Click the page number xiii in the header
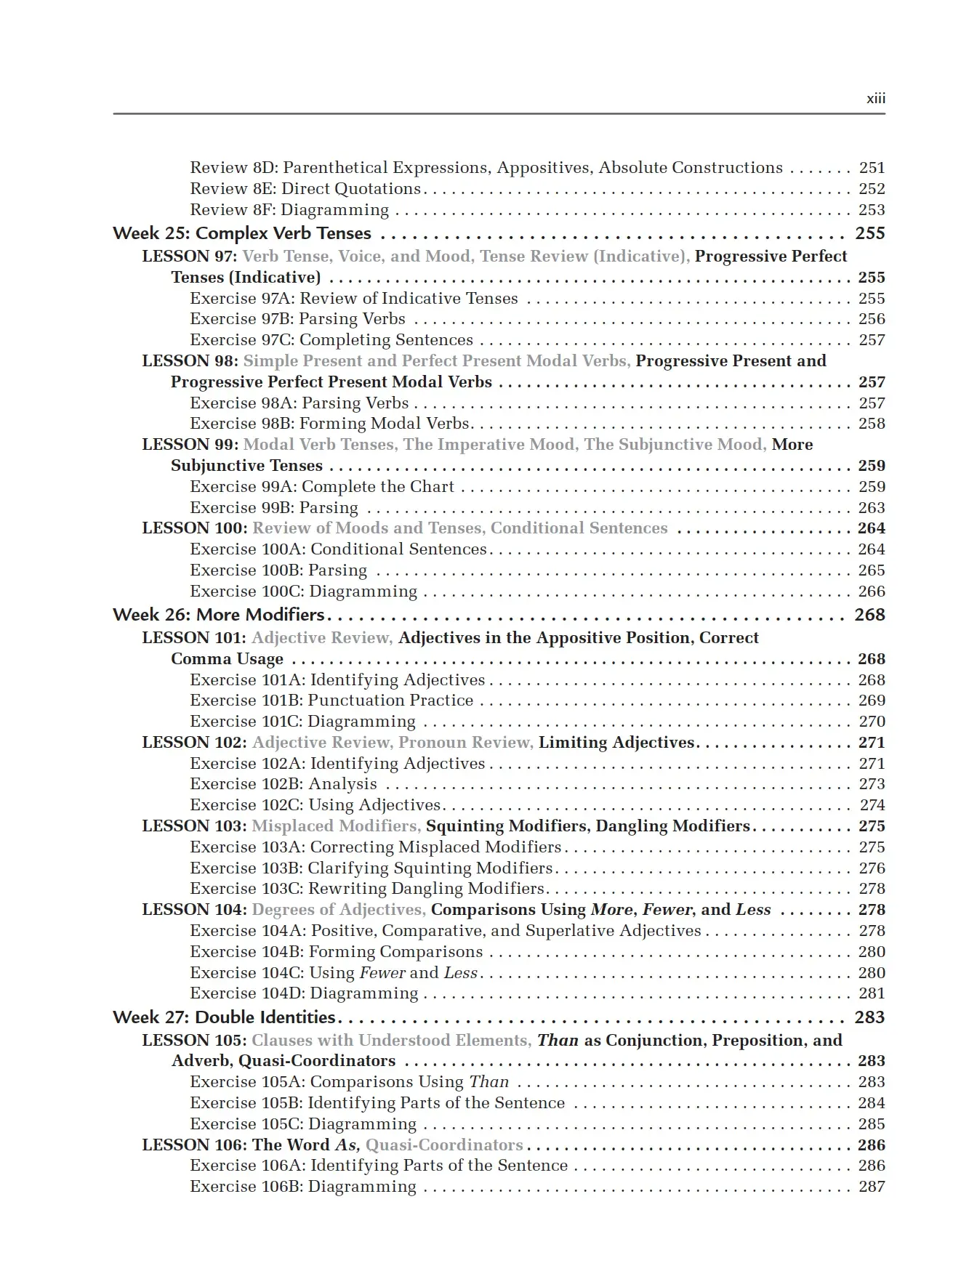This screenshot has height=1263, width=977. [875, 99]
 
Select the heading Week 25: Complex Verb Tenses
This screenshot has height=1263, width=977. [242, 233]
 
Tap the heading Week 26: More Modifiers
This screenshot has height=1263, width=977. [219, 615]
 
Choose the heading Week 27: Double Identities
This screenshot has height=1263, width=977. [224, 1017]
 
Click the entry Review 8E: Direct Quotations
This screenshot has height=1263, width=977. [305, 189]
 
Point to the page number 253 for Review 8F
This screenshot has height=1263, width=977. [872, 210]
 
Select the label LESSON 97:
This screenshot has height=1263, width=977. [190, 257]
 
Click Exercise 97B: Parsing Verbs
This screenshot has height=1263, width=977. [297, 319]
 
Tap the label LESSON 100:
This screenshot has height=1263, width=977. [195, 528]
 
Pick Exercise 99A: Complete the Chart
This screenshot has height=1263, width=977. [322, 487]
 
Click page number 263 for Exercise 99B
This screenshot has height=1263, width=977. [872, 508]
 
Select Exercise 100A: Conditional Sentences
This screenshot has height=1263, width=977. [338, 549]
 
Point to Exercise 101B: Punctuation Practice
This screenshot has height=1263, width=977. [331, 701]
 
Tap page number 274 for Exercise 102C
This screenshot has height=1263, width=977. [872, 805]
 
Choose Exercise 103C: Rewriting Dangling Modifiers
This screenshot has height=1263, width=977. [367, 889]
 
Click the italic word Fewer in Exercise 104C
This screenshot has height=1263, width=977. [382, 973]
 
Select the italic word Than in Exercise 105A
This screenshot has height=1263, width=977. [489, 1082]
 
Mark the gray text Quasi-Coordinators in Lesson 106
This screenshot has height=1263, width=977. [444, 1145]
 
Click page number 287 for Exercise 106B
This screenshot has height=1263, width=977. [872, 1187]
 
